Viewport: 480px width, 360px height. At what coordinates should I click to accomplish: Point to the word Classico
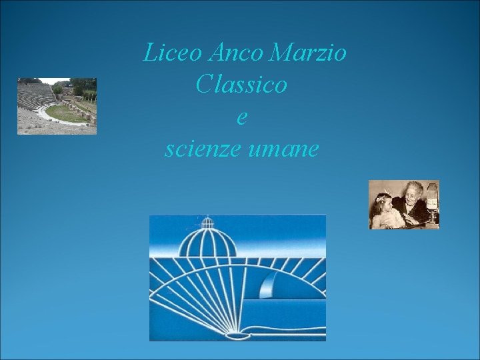(242, 85)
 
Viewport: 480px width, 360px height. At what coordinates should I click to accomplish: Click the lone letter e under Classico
(242, 118)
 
